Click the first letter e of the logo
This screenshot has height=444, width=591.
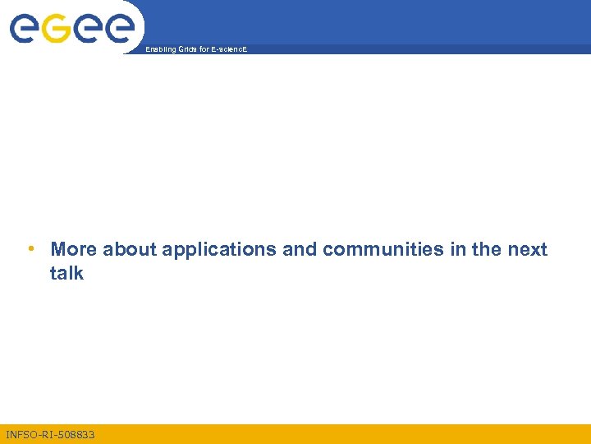click(x=25, y=30)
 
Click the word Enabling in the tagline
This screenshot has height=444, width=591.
click(x=159, y=50)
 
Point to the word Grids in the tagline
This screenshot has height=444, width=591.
click(x=187, y=50)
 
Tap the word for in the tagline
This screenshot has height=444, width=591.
click(x=204, y=50)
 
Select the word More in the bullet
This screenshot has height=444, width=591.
click(x=74, y=250)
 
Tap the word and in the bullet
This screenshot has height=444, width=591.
click(x=300, y=250)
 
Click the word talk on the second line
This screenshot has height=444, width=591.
click(x=66, y=273)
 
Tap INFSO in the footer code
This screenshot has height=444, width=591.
click(x=21, y=434)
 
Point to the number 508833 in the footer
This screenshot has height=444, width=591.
click(x=76, y=434)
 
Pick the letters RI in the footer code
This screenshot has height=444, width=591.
click(x=46, y=434)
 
